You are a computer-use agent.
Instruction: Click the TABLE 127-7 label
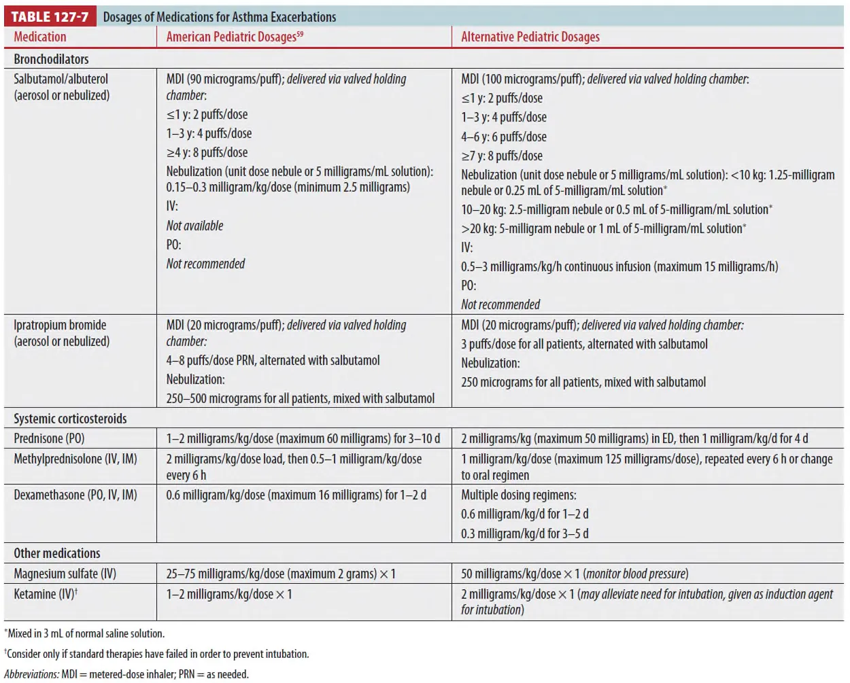coord(50,17)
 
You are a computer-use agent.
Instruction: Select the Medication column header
coord(40,37)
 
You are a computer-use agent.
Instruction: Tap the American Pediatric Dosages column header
coord(234,37)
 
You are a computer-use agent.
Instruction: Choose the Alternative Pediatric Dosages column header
coord(530,37)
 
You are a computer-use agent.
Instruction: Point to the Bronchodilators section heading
coord(51,59)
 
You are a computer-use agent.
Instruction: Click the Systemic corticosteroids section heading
coord(70,419)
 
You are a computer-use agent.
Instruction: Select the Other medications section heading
coord(57,553)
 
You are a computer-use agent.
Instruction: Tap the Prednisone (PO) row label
coord(49,438)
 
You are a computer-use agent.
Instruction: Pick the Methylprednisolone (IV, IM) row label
coord(75,459)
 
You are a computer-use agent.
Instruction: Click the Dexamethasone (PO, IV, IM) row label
coord(75,495)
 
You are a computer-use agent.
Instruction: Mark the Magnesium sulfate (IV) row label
coord(65,574)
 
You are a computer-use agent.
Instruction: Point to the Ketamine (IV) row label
coord(45,594)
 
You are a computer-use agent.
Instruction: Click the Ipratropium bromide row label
coord(61,326)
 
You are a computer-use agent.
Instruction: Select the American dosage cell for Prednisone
coord(303,438)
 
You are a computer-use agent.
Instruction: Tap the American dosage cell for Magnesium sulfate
coord(281,574)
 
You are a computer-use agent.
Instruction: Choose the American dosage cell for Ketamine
coord(229,594)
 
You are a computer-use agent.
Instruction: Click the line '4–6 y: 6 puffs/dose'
coord(504,137)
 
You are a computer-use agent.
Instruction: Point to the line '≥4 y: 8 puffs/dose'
coord(207,152)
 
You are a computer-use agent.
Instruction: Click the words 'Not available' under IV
coord(194,226)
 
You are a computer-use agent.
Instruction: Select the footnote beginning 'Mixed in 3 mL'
coord(86,633)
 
